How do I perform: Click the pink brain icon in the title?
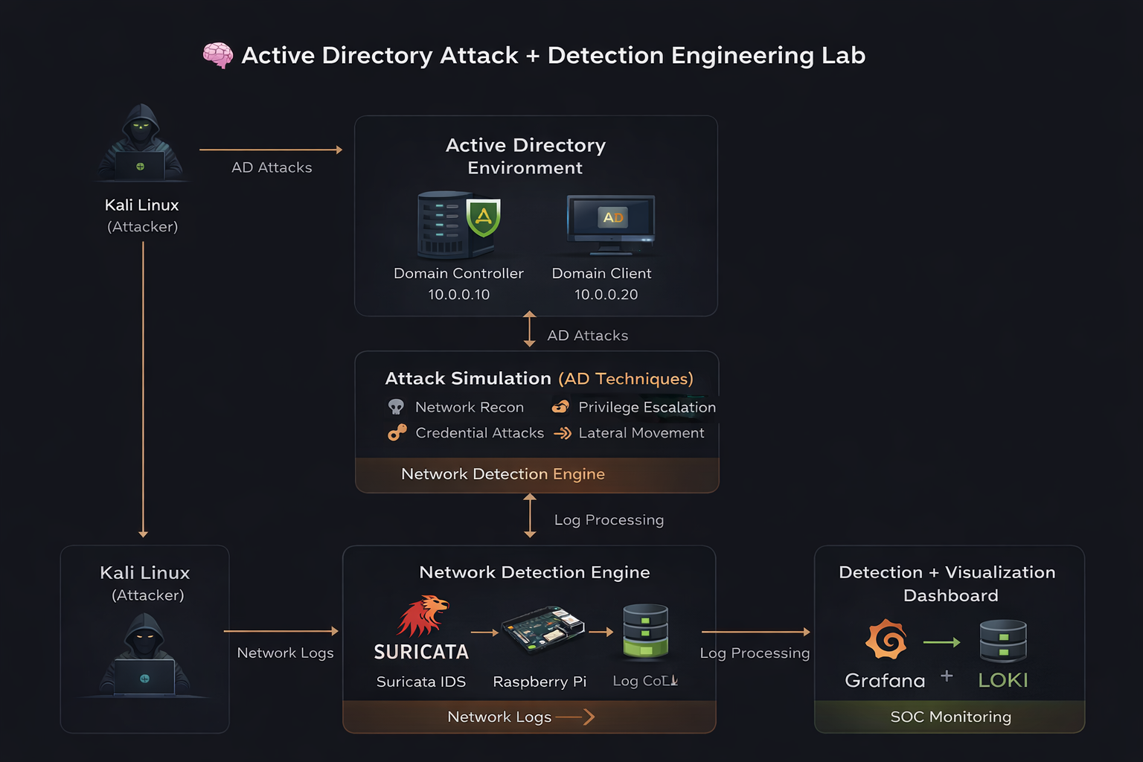[x=217, y=55]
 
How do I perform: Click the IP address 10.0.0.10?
[x=458, y=295]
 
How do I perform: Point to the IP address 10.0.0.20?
[x=606, y=295]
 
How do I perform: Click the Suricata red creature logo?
[x=423, y=615]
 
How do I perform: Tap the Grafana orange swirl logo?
[x=886, y=639]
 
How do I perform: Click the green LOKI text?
[x=1003, y=680]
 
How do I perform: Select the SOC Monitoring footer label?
[x=950, y=717]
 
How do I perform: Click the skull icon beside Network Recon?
[x=396, y=407]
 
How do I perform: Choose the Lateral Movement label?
[x=641, y=433]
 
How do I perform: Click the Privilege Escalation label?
[x=647, y=407]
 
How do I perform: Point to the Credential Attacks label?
[x=479, y=433]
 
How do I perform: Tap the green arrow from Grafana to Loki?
[x=941, y=642]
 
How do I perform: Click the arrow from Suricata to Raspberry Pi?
[x=484, y=633]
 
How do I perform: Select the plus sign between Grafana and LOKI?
[x=947, y=676]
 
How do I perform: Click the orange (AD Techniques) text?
[x=625, y=379]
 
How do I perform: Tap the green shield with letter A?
[x=484, y=217]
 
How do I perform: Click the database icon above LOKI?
[x=1003, y=641]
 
